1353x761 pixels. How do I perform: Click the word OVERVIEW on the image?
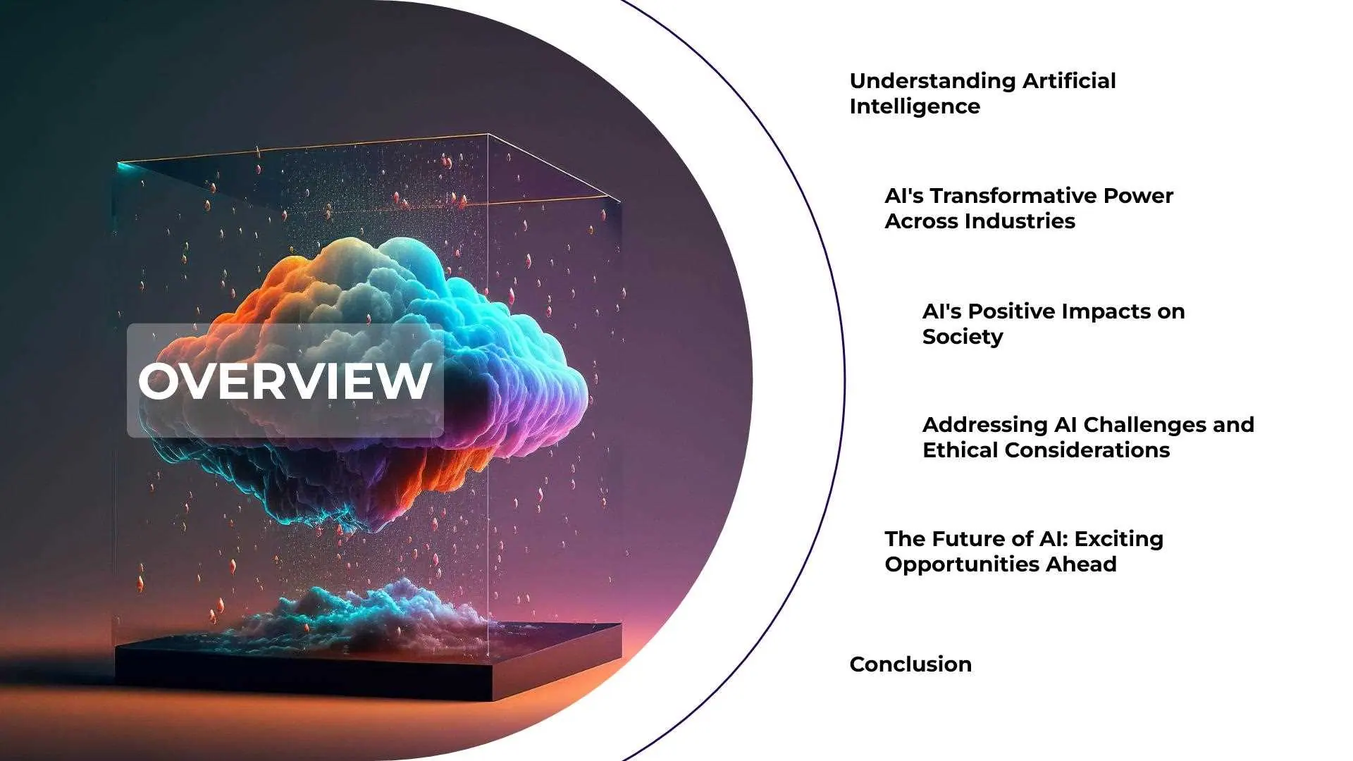tap(285, 381)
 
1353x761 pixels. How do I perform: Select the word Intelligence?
tap(915, 107)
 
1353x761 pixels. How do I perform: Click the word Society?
tap(963, 338)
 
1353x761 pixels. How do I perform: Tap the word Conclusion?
tap(910, 664)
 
